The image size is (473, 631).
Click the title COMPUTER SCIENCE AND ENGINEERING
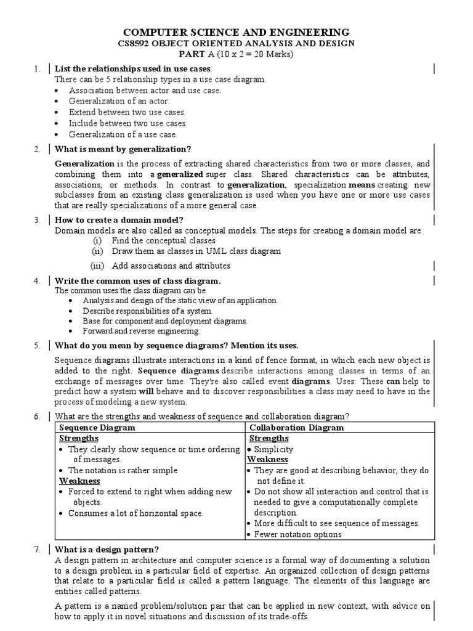pos(237,32)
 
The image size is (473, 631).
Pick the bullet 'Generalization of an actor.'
pos(119,101)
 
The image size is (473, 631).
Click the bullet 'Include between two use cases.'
pos(128,123)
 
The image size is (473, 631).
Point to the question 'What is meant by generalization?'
pos(123,149)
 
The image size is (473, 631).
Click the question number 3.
pos(37,219)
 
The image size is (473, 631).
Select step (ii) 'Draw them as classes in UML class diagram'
pos(196,251)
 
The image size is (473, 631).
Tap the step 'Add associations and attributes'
pos(171,266)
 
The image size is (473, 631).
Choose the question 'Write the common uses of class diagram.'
pos(137,280)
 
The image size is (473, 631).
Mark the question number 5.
pos(37,346)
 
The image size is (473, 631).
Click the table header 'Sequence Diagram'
pos(97,427)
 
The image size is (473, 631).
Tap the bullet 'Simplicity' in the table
pos(273,449)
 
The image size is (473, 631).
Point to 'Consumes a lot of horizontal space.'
pos(135,513)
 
